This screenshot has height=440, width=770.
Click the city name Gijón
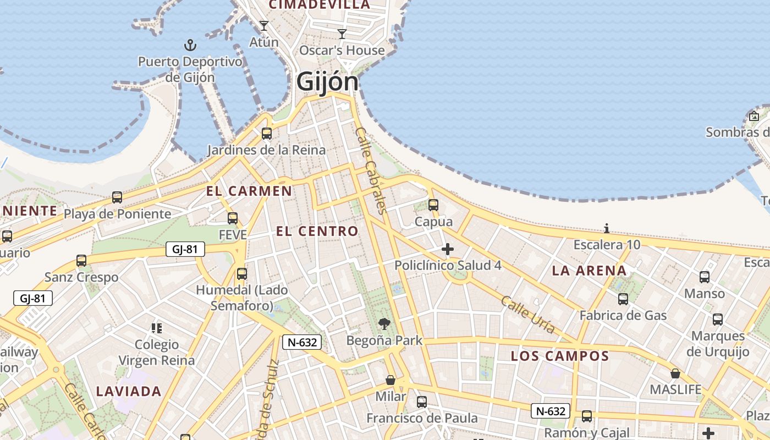(327, 82)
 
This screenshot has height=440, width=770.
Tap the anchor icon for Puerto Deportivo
(190, 45)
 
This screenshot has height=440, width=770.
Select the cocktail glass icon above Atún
(264, 25)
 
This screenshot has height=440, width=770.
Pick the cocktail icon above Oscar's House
(342, 34)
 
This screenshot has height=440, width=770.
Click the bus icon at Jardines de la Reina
(267, 133)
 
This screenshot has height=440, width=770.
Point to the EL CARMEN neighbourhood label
(249, 191)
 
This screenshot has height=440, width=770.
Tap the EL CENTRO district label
(317, 232)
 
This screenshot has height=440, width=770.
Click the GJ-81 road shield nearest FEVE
(185, 249)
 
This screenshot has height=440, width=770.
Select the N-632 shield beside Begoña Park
(302, 342)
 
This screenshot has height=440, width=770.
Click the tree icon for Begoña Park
(384, 324)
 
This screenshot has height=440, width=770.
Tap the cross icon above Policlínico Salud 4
(448, 249)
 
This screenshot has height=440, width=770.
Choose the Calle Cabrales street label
(372, 170)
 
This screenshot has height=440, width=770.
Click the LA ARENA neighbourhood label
(589, 271)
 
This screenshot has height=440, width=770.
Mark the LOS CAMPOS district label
(560, 356)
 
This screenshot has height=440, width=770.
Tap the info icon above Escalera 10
(607, 228)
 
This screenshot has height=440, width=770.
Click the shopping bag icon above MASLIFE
(675, 373)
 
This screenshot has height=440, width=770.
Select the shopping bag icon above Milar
(391, 380)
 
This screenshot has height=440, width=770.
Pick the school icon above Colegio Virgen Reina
(157, 328)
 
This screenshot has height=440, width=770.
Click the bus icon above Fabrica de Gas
(623, 299)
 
